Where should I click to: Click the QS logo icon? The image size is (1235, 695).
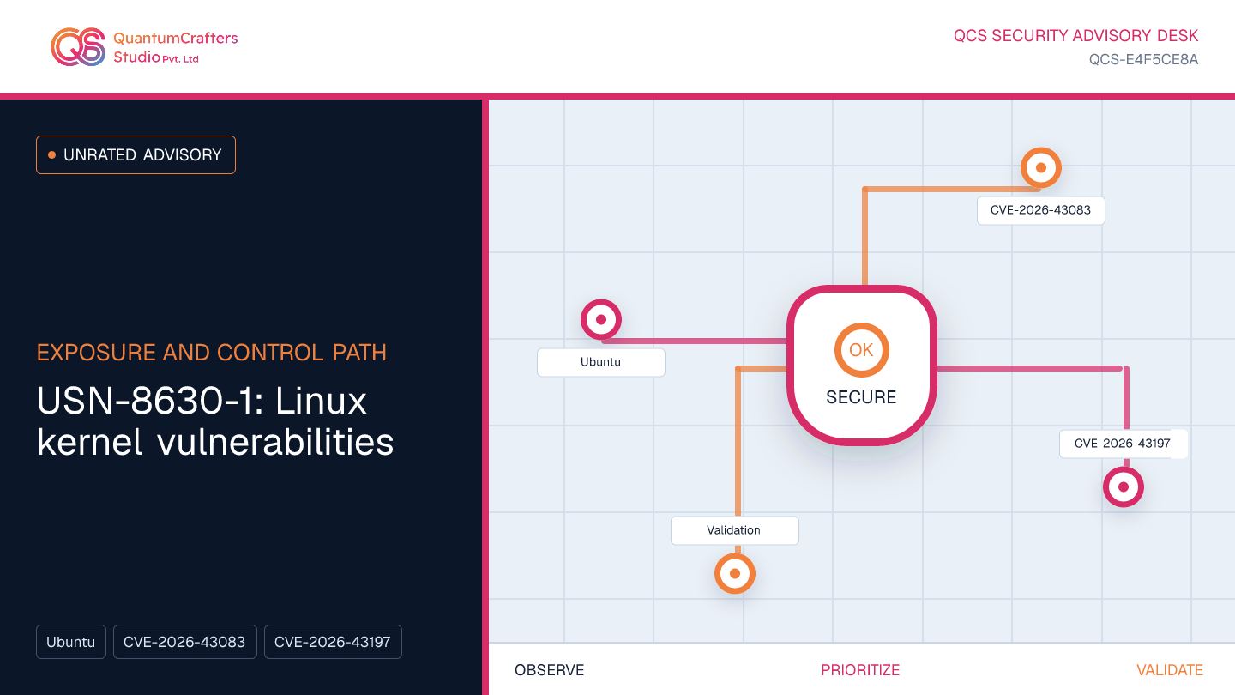pyautogui.click(x=78, y=47)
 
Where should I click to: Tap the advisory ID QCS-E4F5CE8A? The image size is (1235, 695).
pyautogui.click(x=1143, y=59)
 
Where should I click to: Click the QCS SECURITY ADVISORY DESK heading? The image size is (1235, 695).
pyautogui.click(x=1075, y=36)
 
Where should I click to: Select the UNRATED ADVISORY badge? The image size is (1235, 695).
pyautogui.click(x=136, y=155)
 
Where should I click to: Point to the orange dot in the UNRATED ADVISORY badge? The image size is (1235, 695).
pyautogui.click(x=51, y=155)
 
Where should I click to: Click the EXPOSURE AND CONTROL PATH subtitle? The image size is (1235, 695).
pyautogui.click(x=212, y=353)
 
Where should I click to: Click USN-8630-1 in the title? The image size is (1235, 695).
pyautogui.click(x=147, y=401)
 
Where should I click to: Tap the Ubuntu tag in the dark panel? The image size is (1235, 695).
pyautogui.click(x=71, y=642)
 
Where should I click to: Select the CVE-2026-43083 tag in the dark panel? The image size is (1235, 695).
pyautogui.click(x=184, y=642)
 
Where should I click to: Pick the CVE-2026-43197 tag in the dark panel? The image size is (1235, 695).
pyautogui.click(x=333, y=642)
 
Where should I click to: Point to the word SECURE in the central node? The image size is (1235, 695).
pyautogui.click(x=861, y=397)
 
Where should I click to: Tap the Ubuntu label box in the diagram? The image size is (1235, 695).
pyautogui.click(x=601, y=362)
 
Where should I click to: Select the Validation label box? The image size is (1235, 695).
pyautogui.click(x=734, y=530)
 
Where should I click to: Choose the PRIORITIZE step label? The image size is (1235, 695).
pyautogui.click(x=860, y=670)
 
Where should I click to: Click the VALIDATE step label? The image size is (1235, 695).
pyautogui.click(x=1170, y=670)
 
